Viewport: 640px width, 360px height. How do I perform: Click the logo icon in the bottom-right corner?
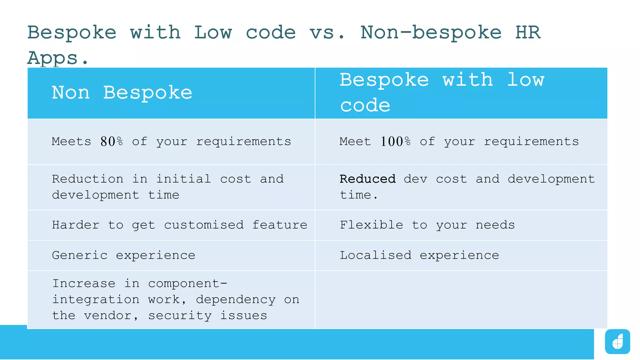click(x=617, y=342)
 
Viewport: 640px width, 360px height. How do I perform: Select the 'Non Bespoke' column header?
click(x=122, y=93)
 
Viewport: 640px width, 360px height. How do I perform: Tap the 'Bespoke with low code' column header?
click(x=442, y=93)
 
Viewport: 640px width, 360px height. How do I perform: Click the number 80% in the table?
click(x=112, y=142)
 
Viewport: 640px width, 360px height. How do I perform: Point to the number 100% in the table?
click(x=395, y=142)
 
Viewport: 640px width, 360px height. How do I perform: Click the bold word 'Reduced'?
click(x=367, y=179)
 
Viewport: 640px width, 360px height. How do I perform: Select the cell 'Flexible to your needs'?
click(x=427, y=225)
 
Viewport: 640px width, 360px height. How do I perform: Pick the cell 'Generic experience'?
click(x=123, y=256)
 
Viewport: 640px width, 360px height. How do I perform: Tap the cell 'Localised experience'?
click(x=419, y=256)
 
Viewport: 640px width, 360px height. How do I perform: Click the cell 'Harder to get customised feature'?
click(x=180, y=225)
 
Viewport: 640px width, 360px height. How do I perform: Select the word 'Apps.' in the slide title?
click(x=58, y=58)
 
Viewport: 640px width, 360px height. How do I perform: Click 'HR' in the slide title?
click(x=528, y=33)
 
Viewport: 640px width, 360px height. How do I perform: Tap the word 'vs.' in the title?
click(x=327, y=33)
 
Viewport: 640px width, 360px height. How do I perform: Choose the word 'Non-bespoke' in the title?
click(x=431, y=33)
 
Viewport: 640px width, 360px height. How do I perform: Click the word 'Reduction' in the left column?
click(x=87, y=179)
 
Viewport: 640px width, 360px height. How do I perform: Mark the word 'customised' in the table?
click(x=204, y=225)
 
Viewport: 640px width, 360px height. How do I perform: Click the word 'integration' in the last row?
click(x=96, y=300)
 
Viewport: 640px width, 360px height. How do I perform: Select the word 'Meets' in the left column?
click(x=72, y=142)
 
